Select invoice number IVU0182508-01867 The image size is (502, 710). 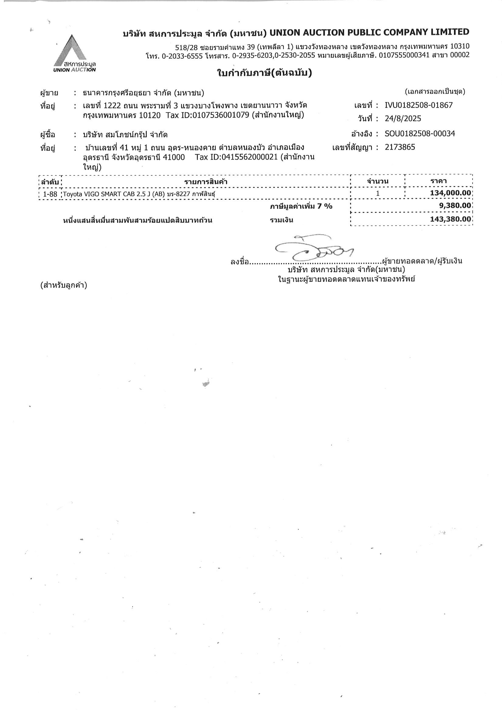pyautogui.click(x=418, y=105)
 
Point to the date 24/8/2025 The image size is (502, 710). pyautogui.click(x=403, y=119)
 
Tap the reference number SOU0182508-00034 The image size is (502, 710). pyautogui.click(x=420, y=133)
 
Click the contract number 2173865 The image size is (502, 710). pyautogui.click(x=400, y=147)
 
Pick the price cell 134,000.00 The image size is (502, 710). pyautogui.click(x=450, y=193)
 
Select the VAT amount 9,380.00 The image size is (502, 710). pyautogui.click(x=455, y=206)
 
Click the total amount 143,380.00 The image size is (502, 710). pyautogui.click(x=450, y=219)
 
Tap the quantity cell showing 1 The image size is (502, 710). pyautogui.click(x=377, y=194)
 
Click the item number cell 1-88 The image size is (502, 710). pyautogui.click(x=50, y=194)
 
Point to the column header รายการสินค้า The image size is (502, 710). pyautogui.click(x=206, y=182)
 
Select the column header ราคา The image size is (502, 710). pyautogui.click(x=438, y=181)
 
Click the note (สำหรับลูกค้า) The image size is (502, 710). pyautogui.click(x=64, y=285)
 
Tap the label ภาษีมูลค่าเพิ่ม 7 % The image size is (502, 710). pyautogui.click(x=301, y=206)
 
